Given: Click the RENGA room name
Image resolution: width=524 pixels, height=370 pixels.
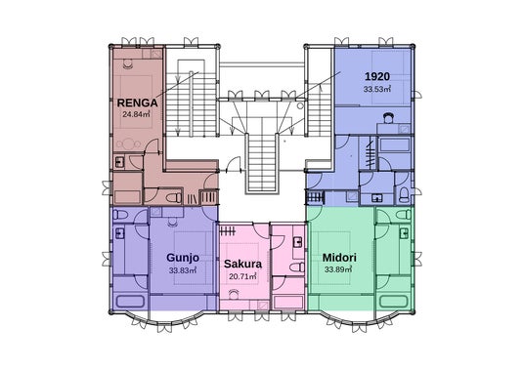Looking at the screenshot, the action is pyautogui.click(x=137, y=103).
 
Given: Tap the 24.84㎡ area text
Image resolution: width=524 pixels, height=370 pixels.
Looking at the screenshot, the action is pyautogui.click(x=136, y=114).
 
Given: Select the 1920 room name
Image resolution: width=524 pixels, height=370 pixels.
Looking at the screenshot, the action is pyautogui.click(x=377, y=77).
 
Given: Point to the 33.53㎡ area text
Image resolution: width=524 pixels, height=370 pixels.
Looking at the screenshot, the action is pyautogui.click(x=377, y=90).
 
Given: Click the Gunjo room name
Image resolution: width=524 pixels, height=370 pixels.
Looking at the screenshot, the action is pyautogui.click(x=183, y=258).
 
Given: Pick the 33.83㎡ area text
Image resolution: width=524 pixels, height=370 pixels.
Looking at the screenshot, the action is pyautogui.click(x=183, y=270).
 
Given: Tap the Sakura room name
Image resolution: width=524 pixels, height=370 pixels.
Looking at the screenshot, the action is pyautogui.click(x=242, y=264).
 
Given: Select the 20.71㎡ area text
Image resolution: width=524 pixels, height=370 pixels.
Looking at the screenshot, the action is pyautogui.click(x=242, y=276).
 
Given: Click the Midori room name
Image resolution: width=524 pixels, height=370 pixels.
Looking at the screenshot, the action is pyautogui.click(x=339, y=258).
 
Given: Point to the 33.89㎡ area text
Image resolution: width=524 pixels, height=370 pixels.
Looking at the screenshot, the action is pyautogui.click(x=338, y=269).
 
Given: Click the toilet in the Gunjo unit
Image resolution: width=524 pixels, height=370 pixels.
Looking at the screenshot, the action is pyautogui.click(x=120, y=215).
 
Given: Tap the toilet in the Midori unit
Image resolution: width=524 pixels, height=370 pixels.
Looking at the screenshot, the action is pyautogui.click(x=404, y=215).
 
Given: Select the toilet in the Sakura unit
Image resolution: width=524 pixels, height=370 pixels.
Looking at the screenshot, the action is pyautogui.click(x=297, y=267).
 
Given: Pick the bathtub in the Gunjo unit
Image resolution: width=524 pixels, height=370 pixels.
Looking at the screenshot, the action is pyautogui.click(x=130, y=302).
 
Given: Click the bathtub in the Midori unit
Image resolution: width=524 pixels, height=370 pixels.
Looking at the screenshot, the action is pyautogui.click(x=394, y=302).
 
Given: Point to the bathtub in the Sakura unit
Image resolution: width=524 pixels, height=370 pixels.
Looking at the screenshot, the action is pyautogui.click(x=288, y=302).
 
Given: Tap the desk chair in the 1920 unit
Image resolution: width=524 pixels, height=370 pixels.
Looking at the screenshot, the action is pyautogui.click(x=388, y=118).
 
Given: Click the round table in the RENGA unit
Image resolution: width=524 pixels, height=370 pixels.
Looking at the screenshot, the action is pyautogui.click(x=128, y=144).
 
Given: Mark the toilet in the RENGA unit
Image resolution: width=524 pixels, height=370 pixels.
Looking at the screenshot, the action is pyautogui.click(x=173, y=198).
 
